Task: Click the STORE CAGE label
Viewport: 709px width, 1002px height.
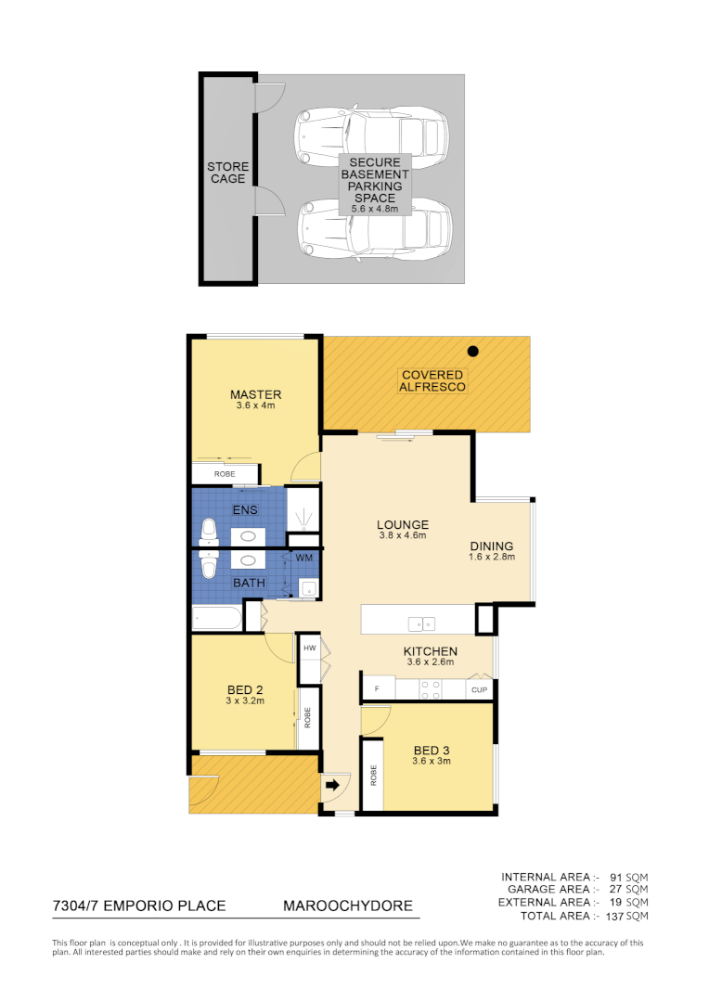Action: (227, 173)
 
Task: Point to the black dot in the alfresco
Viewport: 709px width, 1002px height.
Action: (473, 351)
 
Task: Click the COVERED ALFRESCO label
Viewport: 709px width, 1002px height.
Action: (432, 380)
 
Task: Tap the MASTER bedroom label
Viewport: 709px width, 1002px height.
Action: (255, 395)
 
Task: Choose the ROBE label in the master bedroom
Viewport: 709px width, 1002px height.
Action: (225, 474)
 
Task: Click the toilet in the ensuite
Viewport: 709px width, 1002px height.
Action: (209, 532)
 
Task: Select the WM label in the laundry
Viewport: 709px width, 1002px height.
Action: (303, 558)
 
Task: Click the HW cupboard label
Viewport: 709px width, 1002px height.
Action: (310, 649)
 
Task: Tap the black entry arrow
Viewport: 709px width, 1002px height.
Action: (331, 785)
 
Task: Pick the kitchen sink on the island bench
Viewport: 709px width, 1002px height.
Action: (422, 623)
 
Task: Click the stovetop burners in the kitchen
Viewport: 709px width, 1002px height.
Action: (432, 689)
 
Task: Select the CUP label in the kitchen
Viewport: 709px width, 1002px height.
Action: (479, 689)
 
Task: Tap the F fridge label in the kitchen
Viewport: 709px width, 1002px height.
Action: (377, 689)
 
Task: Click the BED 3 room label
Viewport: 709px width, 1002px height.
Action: (432, 750)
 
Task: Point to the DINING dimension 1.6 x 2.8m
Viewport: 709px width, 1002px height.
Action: (491, 558)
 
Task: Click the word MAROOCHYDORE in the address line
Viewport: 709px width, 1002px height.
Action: (347, 906)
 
